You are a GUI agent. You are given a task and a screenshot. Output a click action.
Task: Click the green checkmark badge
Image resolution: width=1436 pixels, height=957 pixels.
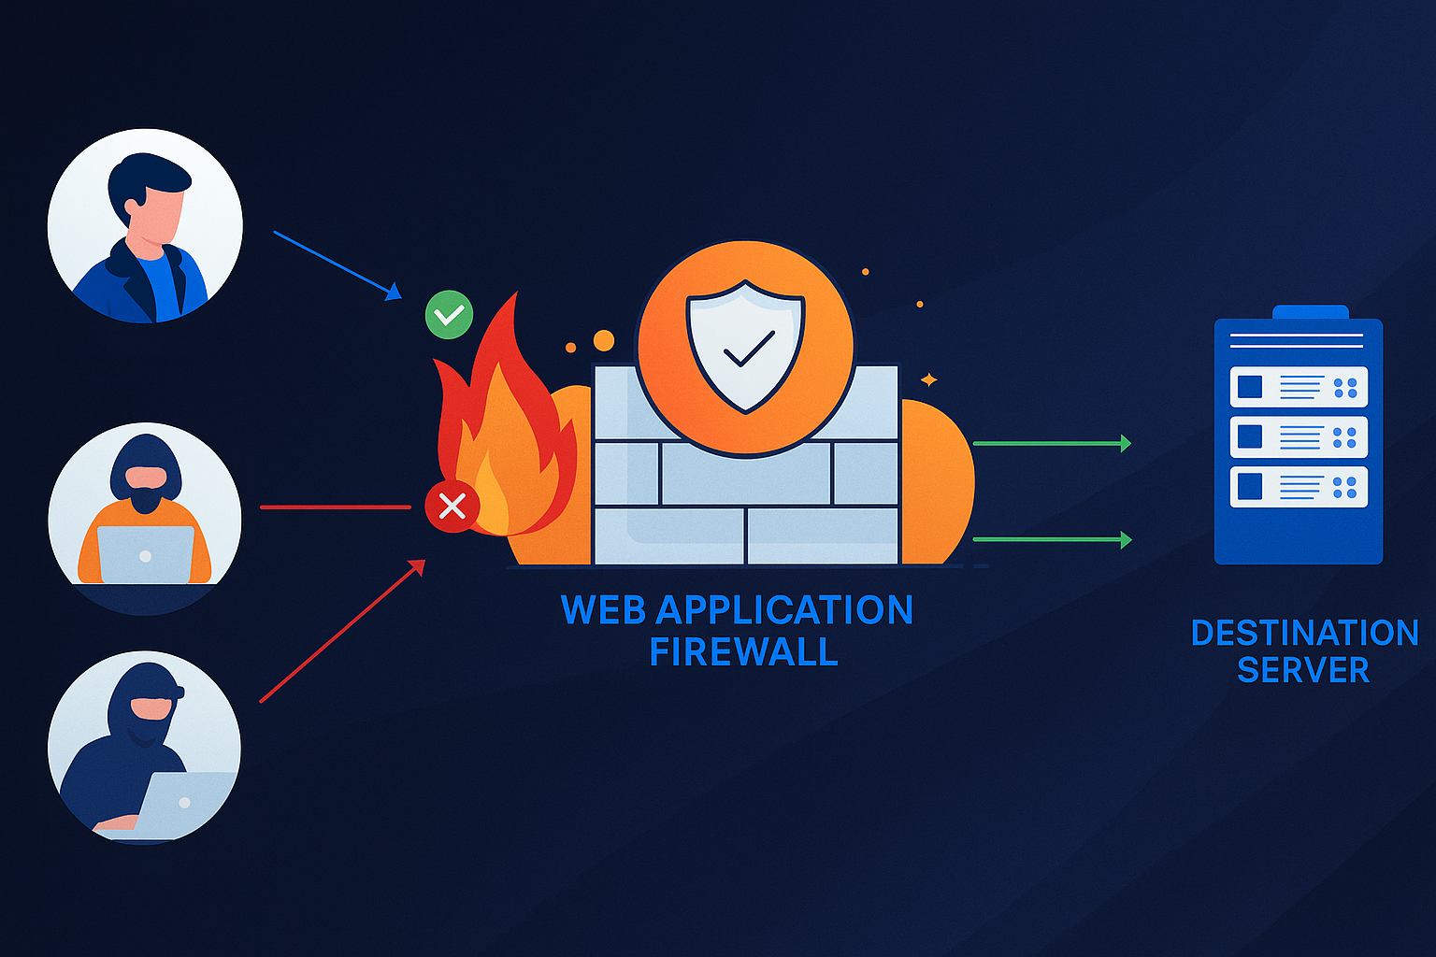click(449, 315)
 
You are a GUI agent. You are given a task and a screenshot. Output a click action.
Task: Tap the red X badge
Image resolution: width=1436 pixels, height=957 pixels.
click(452, 507)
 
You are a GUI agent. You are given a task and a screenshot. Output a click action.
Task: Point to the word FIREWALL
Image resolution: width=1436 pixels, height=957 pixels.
click(743, 652)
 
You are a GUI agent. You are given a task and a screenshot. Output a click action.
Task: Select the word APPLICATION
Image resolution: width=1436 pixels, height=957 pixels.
click(784, 610)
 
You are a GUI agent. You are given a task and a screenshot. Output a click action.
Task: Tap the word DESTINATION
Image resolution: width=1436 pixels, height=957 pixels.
click(1304, 633)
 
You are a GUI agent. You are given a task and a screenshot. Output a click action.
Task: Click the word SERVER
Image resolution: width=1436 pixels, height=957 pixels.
click(1302, 670)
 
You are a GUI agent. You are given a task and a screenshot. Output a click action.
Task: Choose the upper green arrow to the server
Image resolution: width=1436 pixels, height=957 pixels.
click(1052, 443)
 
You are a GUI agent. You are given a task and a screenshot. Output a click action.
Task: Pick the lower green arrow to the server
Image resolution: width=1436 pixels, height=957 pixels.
click(1052, 539)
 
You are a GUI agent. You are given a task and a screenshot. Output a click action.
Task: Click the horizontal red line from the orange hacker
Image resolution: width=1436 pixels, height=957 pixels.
click(335, 507)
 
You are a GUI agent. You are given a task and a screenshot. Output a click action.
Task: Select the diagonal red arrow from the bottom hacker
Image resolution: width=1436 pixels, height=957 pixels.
click(342, 631)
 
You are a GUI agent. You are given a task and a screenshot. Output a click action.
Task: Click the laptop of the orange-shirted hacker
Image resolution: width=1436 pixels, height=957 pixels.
click(145, 554)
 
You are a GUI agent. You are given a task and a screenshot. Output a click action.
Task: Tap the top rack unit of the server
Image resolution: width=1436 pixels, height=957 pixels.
click(1299, 387)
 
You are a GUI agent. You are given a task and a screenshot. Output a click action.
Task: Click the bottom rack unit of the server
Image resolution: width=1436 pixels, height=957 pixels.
click(1299, 487)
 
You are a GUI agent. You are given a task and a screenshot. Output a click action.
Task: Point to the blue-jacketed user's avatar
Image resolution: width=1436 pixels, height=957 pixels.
click(145, 226)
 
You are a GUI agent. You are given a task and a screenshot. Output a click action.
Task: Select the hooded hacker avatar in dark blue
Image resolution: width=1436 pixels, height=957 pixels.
click(144, 747)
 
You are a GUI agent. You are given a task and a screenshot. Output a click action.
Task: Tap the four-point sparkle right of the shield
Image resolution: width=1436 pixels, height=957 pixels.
click(929, 379)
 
